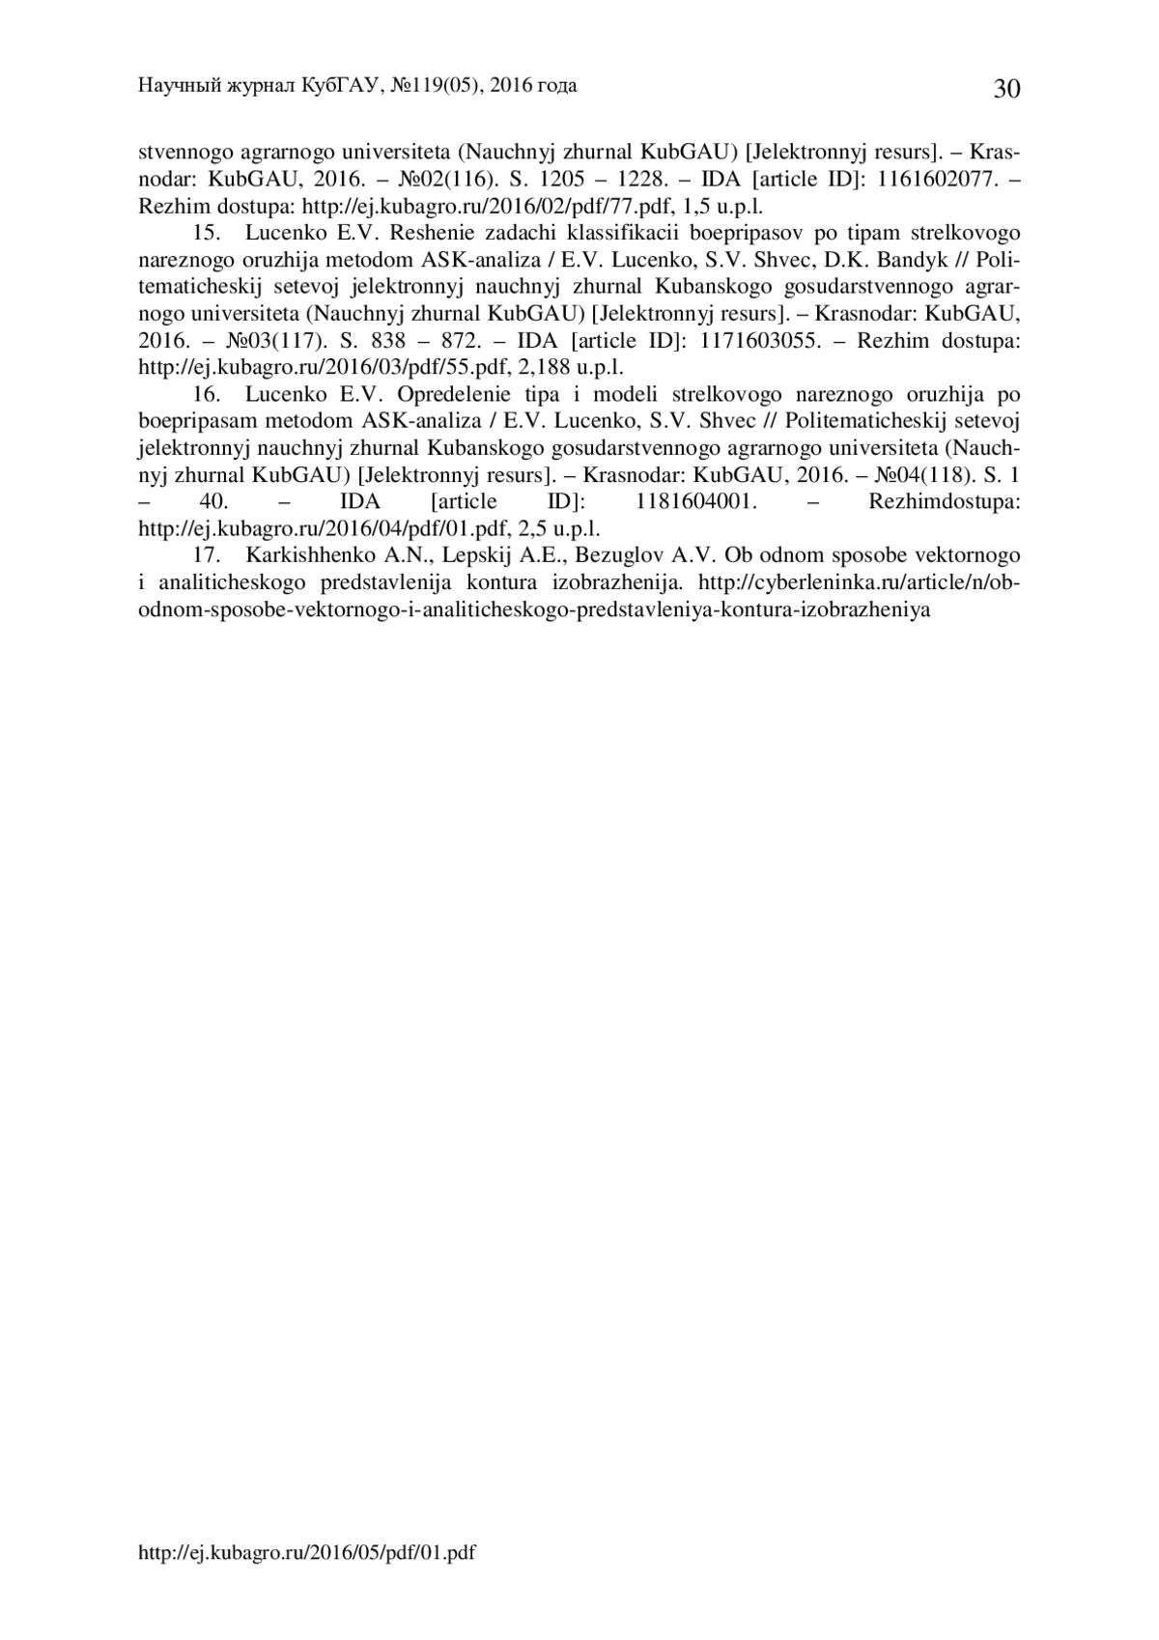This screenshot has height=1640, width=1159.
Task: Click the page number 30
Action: click(x=1005, y=90)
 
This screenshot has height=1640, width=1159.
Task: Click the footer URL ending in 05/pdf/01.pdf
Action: click(x=307, y=1553)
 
